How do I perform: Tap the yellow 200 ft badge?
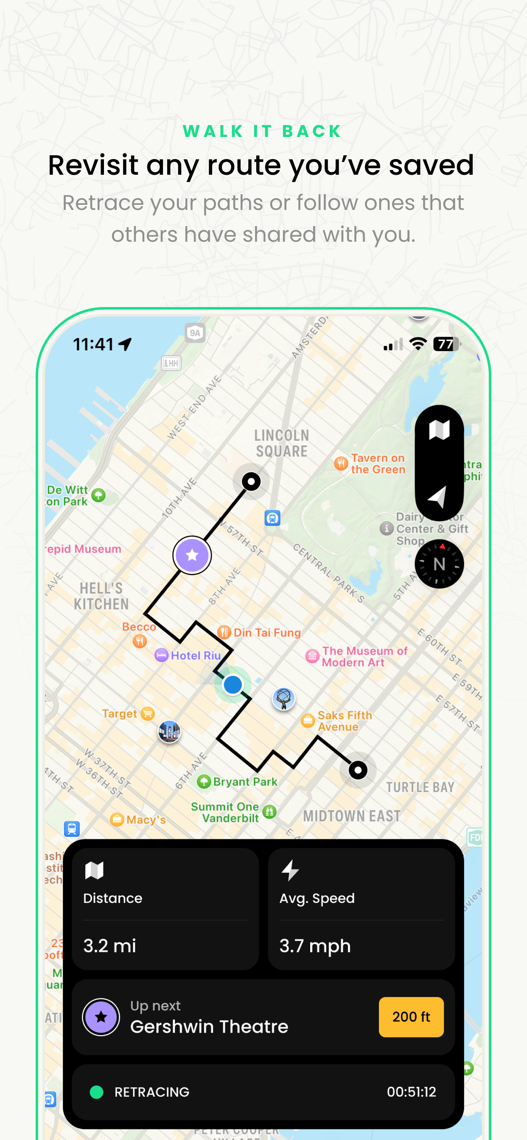[x=411, y=1017]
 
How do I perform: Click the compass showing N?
[x=439, y=564]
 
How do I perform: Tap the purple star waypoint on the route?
[x=192, y=555]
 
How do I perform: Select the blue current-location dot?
[x=233, y=684]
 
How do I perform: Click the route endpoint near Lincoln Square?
[x=251, y=481]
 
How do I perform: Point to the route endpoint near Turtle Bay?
[x=358, y=770]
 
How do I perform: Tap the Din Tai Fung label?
[x=266, y=632]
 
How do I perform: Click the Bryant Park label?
[x=245, y=782]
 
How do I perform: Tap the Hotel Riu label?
[x=195, y=655]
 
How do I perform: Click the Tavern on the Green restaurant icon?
[x=341, y=464]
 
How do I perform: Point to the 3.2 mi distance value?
[x=110, y=945]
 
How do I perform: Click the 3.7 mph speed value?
[x=315, y=945]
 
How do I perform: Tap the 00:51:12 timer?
[x=411, y=1092]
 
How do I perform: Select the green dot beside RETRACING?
[x=97, y=1092]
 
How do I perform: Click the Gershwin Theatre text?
[x=209, y=1026]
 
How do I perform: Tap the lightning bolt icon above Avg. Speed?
[x=290, y=870]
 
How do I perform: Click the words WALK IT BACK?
[x=263, y=131]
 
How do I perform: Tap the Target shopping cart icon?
[x=148, y=713]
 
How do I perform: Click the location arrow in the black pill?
[x=437, y=497]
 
